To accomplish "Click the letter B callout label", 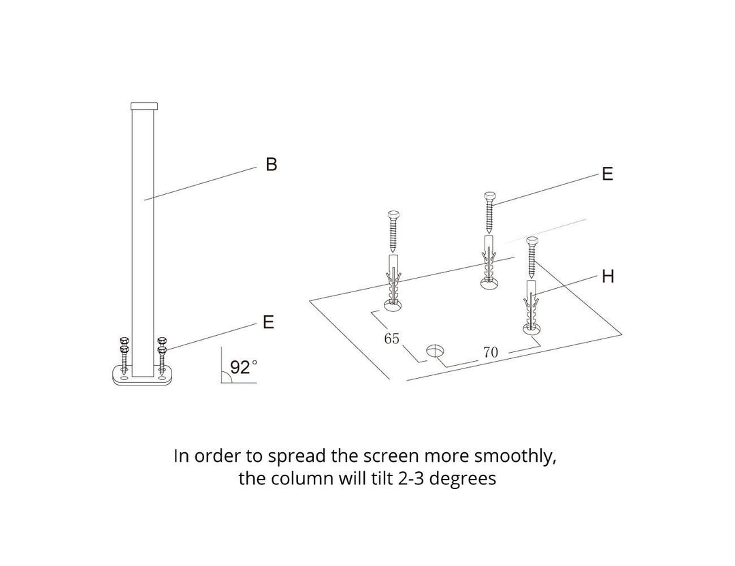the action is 272,164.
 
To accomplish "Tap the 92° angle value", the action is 244,367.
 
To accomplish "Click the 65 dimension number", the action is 391,339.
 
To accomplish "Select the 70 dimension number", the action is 490,352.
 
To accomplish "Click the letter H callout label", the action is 608,277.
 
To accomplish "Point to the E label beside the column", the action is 268,322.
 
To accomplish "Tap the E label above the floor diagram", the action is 607,174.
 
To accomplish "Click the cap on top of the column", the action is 144,106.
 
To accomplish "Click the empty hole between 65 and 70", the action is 435,351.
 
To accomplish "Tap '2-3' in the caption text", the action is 409,479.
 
